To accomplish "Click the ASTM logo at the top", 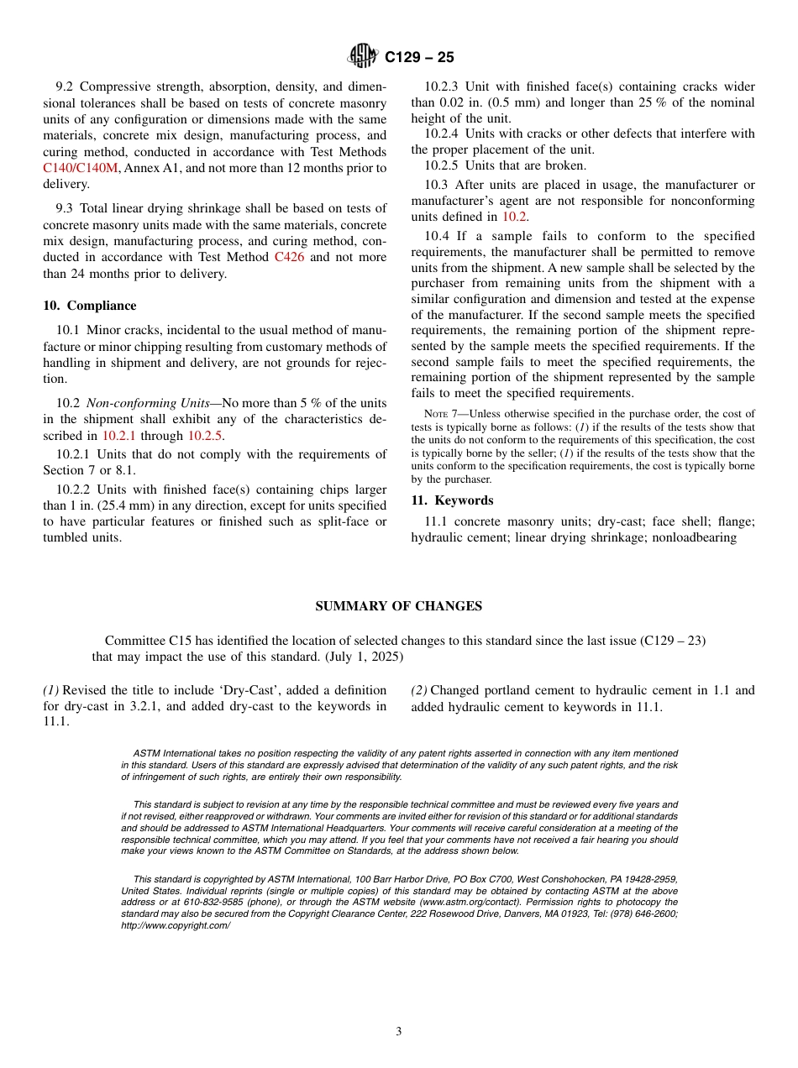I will (363, 56).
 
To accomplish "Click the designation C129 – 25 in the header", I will (419, 57).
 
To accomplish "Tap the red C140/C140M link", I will (81, 168).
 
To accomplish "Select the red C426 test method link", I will (291, 257).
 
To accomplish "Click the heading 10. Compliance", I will (89, 306).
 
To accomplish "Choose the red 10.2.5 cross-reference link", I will (205, 435).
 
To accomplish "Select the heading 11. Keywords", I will (452, 500).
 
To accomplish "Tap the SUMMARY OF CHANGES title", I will (398, 606).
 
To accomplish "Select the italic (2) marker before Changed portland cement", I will (419, 690).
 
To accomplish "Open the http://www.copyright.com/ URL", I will (175, 924).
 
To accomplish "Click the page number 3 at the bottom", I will (399, 1032).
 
